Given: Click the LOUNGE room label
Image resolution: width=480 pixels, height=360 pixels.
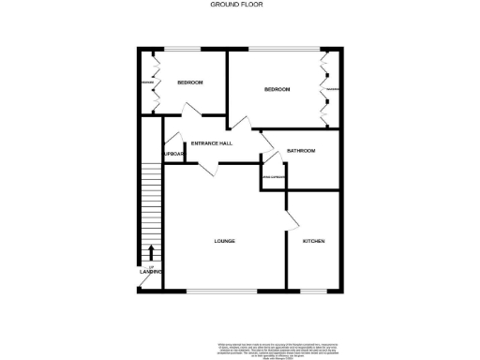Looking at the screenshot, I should pos(224,242).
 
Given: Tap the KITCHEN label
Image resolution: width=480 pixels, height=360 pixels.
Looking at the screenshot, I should pos(313,242).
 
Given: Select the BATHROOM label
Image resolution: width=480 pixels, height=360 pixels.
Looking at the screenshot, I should pos(301,151).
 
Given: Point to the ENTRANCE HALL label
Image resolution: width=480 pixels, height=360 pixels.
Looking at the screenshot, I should pos(212,143).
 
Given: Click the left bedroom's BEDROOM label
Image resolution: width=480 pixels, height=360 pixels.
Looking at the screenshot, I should pos(190,82).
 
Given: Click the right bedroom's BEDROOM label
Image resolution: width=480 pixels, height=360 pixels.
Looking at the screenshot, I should pos(277,89).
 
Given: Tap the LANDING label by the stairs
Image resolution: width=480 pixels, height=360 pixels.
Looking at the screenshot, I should pos(151,272).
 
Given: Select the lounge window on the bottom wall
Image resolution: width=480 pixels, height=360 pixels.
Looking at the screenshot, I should pos(224,291).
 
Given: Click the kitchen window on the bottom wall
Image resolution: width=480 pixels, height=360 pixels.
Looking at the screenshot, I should pos(313,291).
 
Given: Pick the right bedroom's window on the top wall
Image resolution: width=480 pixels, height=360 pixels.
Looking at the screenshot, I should pos(277,49).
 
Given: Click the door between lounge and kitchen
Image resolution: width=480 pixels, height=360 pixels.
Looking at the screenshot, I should pos(292,219).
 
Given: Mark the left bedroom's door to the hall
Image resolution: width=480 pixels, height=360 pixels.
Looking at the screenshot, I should pos(191,111).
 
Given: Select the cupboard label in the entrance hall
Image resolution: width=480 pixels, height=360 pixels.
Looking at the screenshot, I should pos(173,154).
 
